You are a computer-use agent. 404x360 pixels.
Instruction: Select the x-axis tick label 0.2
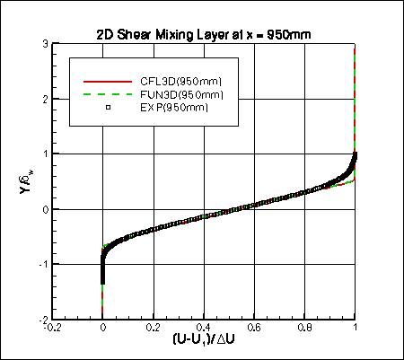(154, 329)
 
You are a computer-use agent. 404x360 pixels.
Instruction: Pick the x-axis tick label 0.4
(204, 329)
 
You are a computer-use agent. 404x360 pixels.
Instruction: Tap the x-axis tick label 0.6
(254, 329)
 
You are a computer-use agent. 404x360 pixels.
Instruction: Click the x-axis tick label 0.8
(304, 329)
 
